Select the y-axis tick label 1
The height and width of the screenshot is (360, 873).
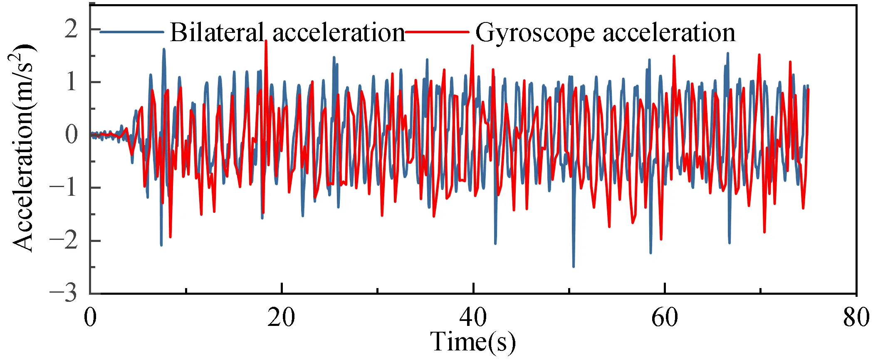pyautogui.click(x=71, y=82)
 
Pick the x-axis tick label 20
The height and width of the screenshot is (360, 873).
pyautogui.click(x=281, y=318)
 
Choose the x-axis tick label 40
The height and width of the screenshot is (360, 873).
pyautogui.click(x=473, y=318)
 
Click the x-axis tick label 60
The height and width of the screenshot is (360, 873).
pyautogui.click(x=665, y=318)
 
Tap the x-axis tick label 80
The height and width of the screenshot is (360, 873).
pyautogui.click(x=856, y=318)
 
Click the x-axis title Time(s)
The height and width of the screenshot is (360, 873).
pyautogui.click(x=473, y=342)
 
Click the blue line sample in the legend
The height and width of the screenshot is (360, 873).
pyautogui.click(x=132, y=32)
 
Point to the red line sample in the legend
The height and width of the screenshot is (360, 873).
pyautogui.click(x=437, y=32)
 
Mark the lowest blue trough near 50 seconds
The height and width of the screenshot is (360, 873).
pyautogui.click(x=574, y=266)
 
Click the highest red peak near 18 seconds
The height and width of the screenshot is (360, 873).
pyautogui.click(x=266, y=41)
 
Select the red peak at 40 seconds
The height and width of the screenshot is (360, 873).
pyautogui.click(x=472, y=45)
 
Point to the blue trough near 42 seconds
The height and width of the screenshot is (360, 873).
pyautogui.click(x=495, y=243)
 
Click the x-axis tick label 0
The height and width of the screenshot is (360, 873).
pyautogui.click(x=90, y=318)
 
